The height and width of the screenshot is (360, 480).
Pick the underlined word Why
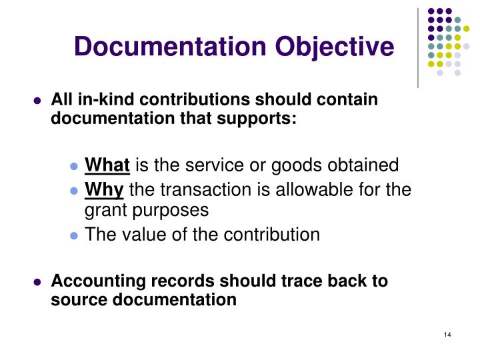(x=104, y=190)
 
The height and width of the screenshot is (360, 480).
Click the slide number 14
(x=447, y=334)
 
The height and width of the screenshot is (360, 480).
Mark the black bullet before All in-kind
(x=38, y=102)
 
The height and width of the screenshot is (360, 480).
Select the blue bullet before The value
(x=75, y=237)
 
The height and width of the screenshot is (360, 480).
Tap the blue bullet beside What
(x=75, y=167)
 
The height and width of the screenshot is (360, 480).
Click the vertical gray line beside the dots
(x=418, y=47)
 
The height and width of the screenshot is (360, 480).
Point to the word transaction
(x=192, y=190)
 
